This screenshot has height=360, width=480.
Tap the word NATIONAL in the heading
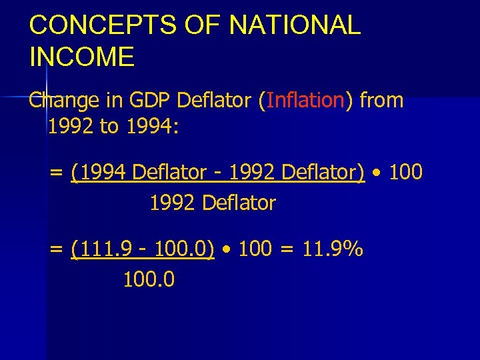pos(294,25)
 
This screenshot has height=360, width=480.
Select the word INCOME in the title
pos(82,57)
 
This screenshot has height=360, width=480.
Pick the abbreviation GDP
pos(149,101)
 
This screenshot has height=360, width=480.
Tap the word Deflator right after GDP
pos(214,101)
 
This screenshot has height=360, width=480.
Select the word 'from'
pos(381,101)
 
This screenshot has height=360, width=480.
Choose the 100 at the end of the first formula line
pos(405,173)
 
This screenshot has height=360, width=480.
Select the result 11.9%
pos(333,249)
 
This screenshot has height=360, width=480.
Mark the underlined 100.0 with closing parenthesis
pos(183,249)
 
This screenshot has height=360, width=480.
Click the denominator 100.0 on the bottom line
pos(149,279)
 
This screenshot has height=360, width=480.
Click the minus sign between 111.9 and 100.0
pos(143,250)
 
